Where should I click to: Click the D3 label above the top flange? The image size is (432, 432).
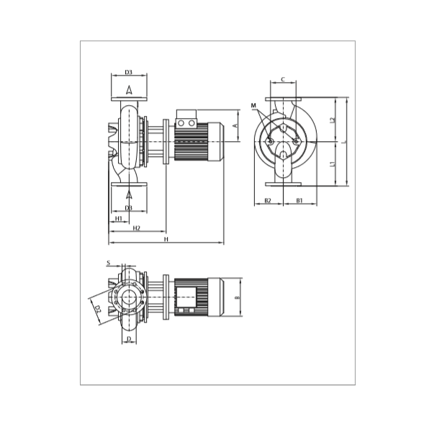(129, 72)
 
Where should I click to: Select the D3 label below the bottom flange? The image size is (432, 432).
(129, 208)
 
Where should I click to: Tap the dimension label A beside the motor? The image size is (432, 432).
(235, 125)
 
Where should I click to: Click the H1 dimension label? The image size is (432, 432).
(118, 218)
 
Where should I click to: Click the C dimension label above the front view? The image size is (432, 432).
(284, 79)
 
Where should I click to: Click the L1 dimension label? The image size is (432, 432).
(333, 164)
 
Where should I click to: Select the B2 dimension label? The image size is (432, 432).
(268, 199)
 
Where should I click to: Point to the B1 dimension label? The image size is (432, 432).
(300, 199)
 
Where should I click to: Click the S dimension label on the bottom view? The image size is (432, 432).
(109, 263)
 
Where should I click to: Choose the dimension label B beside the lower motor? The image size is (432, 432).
(237, 297)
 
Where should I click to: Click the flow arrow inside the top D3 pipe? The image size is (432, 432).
(129, 90)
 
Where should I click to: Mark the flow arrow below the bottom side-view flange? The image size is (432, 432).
(129, 194)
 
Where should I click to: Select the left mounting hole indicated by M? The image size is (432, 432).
(270, 141)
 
